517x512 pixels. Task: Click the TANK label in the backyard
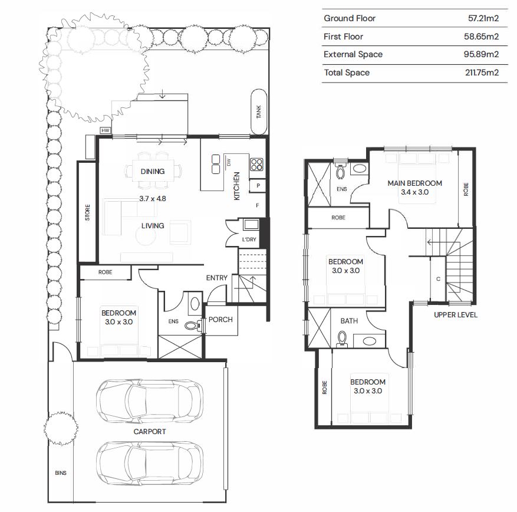click(259, 112)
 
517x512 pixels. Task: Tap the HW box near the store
click(105, 130)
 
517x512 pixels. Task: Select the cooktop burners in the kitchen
click(256, 165)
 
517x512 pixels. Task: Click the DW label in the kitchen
click(229, 162)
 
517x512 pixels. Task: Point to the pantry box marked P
click(258, 185)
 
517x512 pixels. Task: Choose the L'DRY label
click(249, 239)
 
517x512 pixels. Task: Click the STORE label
click(87, 212)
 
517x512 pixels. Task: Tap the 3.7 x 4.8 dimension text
click(153, 199)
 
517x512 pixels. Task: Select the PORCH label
click(220, 319)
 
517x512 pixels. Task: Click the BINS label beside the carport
click(61, 472)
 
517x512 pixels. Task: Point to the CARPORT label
click(150, 432)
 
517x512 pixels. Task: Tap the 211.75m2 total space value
click(482, 73)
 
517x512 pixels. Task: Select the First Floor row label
click(343, 37)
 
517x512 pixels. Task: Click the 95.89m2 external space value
click(481, 54)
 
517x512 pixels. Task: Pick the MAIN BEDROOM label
click(415, 183)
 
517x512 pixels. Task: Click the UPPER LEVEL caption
click(455, 315)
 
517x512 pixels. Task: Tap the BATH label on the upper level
click(349, 321)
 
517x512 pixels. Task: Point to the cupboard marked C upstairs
click(438, 279)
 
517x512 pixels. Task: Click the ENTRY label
click(216, 278)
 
